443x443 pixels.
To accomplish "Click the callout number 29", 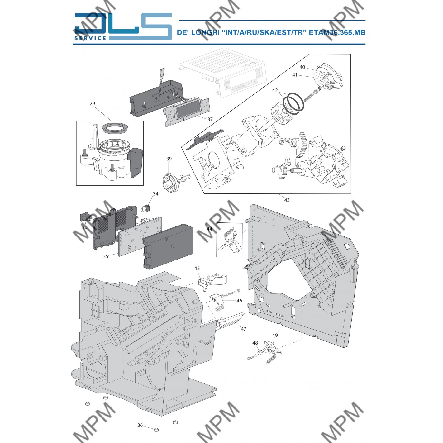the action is (92, 104).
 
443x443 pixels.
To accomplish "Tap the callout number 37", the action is (210, 119).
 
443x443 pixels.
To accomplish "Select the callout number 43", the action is (287, 200).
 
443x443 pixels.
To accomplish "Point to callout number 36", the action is (140, 425).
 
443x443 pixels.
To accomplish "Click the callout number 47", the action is (243, 329).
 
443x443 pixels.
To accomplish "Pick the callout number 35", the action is (106, 256).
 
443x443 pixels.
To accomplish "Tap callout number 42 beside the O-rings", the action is (275, 91).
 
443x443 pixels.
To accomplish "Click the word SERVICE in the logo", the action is (90, 38).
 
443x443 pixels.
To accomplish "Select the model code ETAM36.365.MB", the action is (337, 32).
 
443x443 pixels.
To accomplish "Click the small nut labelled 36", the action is (156, 430).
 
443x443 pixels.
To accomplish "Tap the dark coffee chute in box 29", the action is (136, 162).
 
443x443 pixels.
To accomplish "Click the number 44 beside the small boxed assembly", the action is (209, 229).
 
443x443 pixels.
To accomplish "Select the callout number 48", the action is (255, 343).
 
